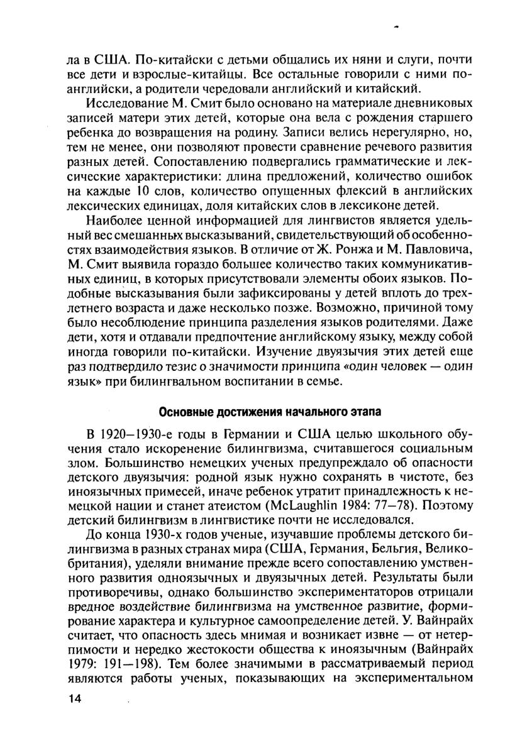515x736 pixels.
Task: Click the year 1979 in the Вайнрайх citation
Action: [79, 663]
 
